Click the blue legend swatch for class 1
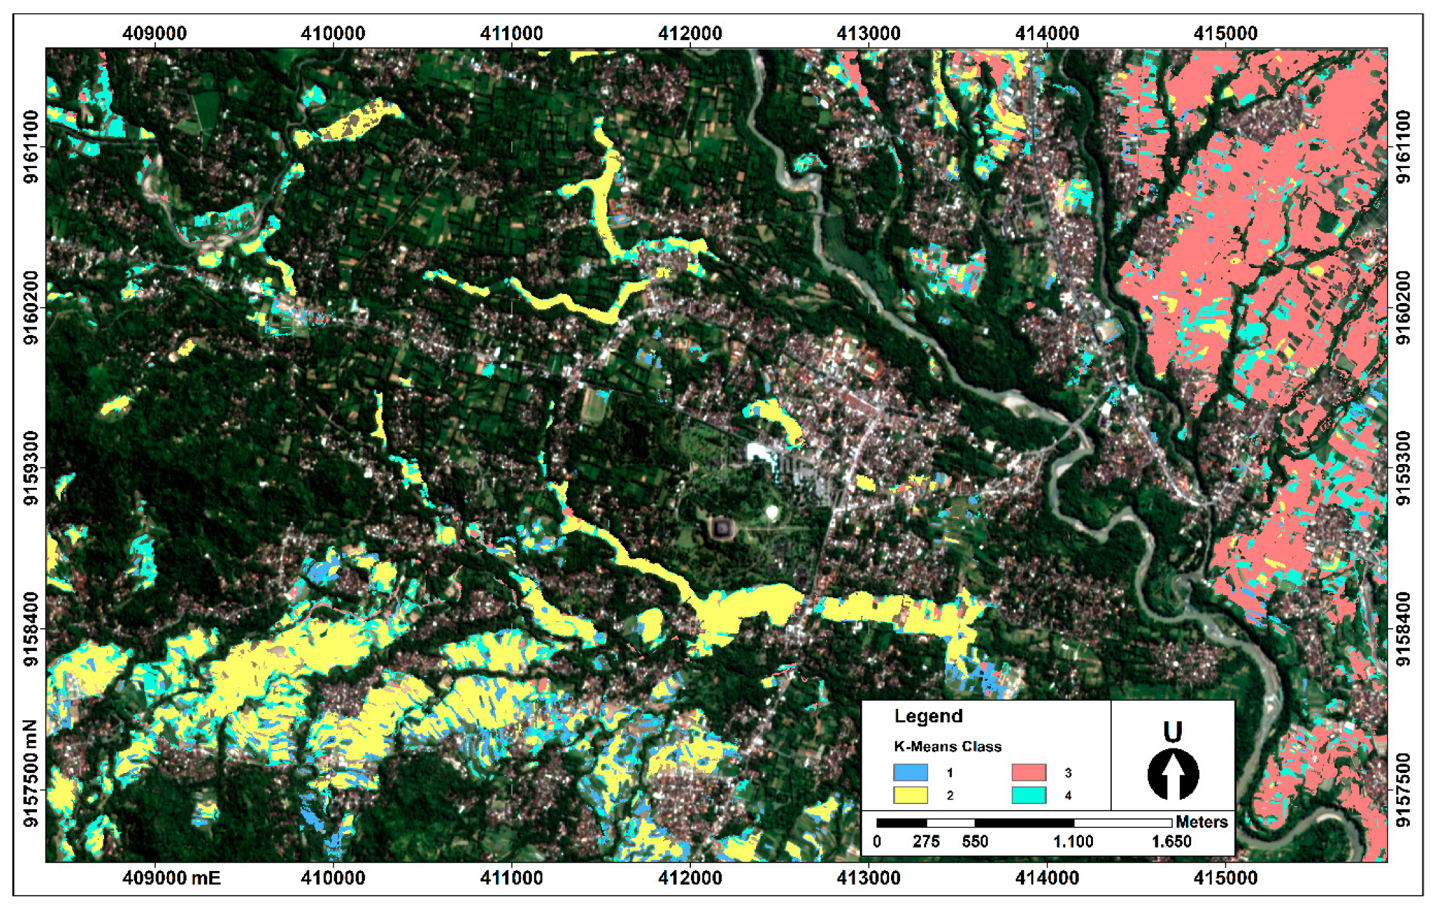[910, 772]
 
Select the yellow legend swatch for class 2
[910, 795]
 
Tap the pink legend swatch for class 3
[1029, 772]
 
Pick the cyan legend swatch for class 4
[1029, 795]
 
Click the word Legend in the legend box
[928, 716]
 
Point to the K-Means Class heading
[948, 747]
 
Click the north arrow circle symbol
[1173, 774]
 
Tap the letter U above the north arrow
[1172, 733]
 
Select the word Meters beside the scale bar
[1201, 822]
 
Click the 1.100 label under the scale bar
[1073, 842]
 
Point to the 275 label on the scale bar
[926, 842]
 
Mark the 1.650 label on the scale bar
[1171, 842]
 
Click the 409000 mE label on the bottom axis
[171, 879]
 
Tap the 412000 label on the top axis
[690, 33]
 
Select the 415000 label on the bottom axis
[1225, 879]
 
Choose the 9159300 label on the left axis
[31, 468]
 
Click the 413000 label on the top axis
[868, 33]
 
